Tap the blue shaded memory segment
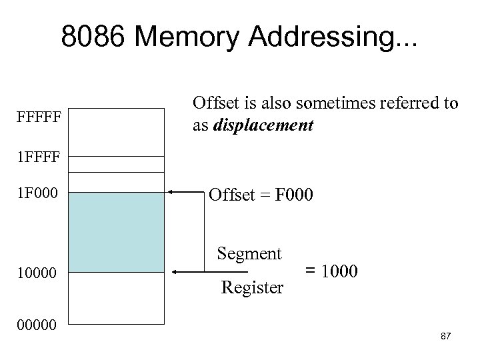pyautogui.click(x=117, y=232)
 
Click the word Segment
pyautogui.click(x=249, y=254)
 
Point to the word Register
pyautogui.click(x=252, y=288)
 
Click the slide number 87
pyautogui.click(x=446, y=336)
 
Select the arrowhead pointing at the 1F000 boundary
pyautogui.click(x=171, y=191)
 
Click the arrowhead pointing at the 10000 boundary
pyautogui.click(x=176, y=272)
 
